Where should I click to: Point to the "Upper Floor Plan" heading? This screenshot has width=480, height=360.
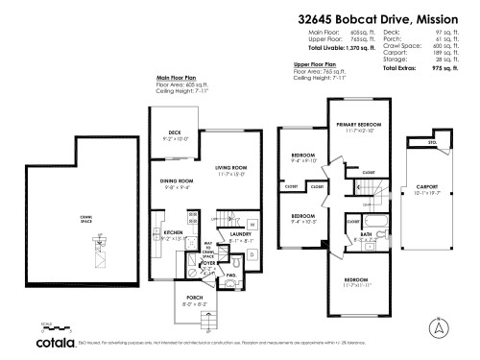pos(313,64)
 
